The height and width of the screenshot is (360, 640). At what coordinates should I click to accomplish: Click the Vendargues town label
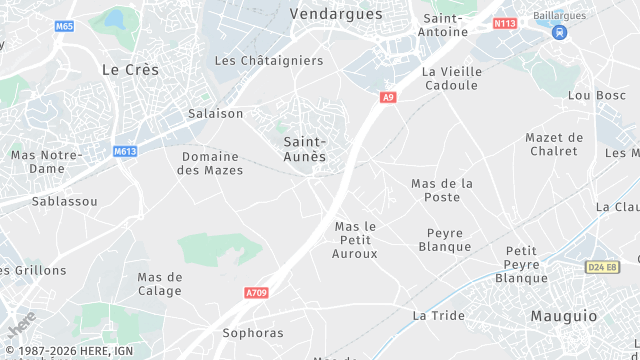336,14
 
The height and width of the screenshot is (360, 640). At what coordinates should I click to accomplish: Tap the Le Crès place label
130,69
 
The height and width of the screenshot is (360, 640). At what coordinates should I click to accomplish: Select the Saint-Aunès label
304,149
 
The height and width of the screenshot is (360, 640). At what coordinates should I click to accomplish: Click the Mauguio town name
563,315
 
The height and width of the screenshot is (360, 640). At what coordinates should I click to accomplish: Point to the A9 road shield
388,97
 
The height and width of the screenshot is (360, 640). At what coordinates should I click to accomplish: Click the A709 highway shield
257,293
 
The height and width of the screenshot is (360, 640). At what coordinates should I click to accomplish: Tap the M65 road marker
65,26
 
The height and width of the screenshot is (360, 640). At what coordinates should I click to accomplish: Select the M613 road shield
125,152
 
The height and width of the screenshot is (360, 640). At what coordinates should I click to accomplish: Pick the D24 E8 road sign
602,267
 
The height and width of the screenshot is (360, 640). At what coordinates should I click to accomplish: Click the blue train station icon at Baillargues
559,32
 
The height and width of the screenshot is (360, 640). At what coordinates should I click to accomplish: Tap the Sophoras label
253,333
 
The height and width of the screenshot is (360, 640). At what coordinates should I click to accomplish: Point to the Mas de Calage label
160,284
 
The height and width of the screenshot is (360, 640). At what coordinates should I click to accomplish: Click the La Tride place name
439,315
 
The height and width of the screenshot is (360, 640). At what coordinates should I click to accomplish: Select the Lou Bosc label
596,95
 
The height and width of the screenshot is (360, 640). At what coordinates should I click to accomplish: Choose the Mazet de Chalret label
554,144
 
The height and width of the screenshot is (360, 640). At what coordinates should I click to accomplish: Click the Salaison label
216,113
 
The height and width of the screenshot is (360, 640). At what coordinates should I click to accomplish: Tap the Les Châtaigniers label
269,60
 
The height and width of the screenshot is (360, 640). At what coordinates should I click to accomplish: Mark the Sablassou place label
65,201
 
